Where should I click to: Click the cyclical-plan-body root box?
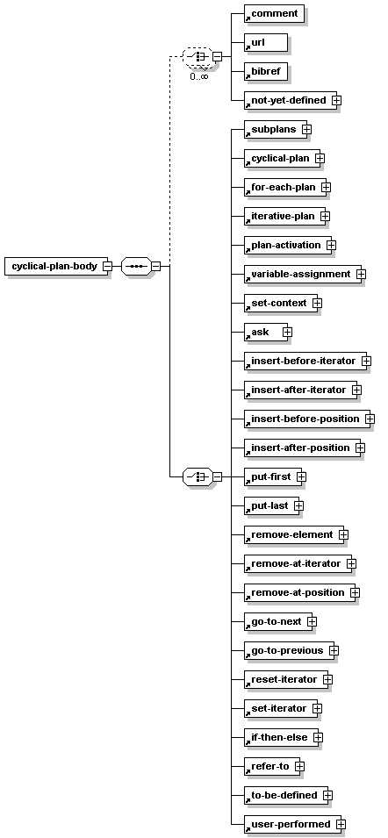coord(55,266)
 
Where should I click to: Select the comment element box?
coord(274,13)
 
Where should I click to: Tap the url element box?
coord(266,42)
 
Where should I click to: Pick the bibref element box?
coord(266,71)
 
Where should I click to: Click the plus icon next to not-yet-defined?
coord(336,100)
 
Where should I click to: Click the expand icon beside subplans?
coord(306,129)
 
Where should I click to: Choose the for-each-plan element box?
coord(284,187)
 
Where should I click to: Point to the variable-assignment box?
coord(303,274)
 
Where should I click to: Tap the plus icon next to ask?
coord(288,332)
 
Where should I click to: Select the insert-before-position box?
coord(306,419)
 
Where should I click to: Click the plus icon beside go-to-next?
coord(313,621)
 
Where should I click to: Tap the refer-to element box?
coord(272,766)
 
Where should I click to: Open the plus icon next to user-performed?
coord(341,825)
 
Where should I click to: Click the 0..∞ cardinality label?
coord(198,76)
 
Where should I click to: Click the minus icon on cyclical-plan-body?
coord(107,266)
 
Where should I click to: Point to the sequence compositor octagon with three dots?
coord(137,266)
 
